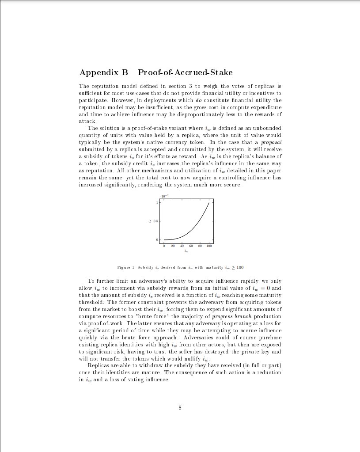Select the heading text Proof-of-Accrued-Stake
click(x=185, y=72)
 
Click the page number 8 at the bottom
click(x=180, y=407)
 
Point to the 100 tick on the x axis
click(x=209, y=246)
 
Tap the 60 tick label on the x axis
click(x=191, y=246)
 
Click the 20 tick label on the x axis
click(x=173, y=246)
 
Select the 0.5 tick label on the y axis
click(x=156, y=221)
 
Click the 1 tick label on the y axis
click(x=157, y=202)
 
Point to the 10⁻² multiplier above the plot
click(x=163, y=196)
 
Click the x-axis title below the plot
click(x=186, y=253)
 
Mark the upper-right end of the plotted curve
click(x=209, y=203)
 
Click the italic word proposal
click(x=271, y=142)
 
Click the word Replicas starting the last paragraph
click(x=99, y=365)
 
